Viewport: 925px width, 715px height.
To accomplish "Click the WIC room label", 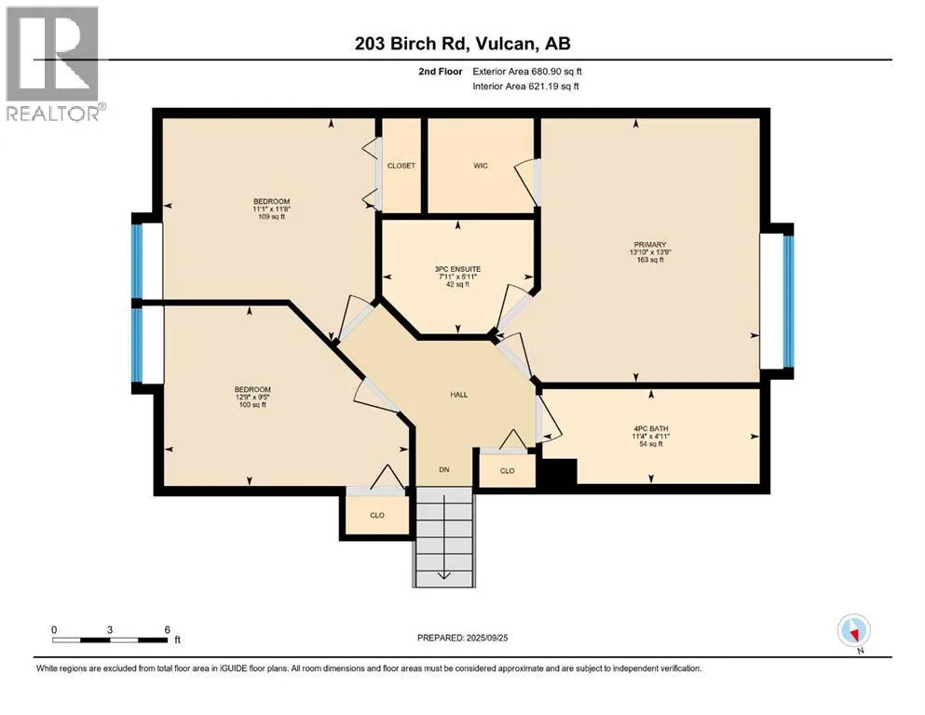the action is (x=480, y=166).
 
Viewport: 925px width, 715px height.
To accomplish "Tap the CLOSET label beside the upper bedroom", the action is (x=401, y=166).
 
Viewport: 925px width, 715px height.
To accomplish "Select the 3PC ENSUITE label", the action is (x=457, y=269).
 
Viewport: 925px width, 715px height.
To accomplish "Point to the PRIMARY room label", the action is (x=650, y=245).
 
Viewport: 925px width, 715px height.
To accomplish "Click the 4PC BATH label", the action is (x=651, y=428).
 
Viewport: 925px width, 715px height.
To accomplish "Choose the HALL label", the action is (x=459, y=395).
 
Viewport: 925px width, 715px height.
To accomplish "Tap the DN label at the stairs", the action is (x=444, y=469).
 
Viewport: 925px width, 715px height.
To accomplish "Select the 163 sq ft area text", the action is (x=650, y=260).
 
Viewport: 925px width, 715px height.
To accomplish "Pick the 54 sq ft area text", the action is (x=651, y=443).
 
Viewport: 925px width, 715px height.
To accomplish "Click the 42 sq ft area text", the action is (x=457, y=284).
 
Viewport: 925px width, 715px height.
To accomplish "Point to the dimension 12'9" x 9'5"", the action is (x=252, y=397).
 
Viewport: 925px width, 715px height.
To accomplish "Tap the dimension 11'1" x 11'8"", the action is (x=271, y=209).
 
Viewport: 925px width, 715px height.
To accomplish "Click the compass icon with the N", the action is (x=854, y=631).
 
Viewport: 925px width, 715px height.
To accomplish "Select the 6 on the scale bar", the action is (x=168, y=629).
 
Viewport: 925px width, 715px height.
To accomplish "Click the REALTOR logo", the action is (x=53, y=63).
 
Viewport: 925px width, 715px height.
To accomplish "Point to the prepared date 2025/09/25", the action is (x=486, y=638).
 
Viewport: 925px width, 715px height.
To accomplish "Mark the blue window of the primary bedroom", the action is (x=788, y=301).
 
